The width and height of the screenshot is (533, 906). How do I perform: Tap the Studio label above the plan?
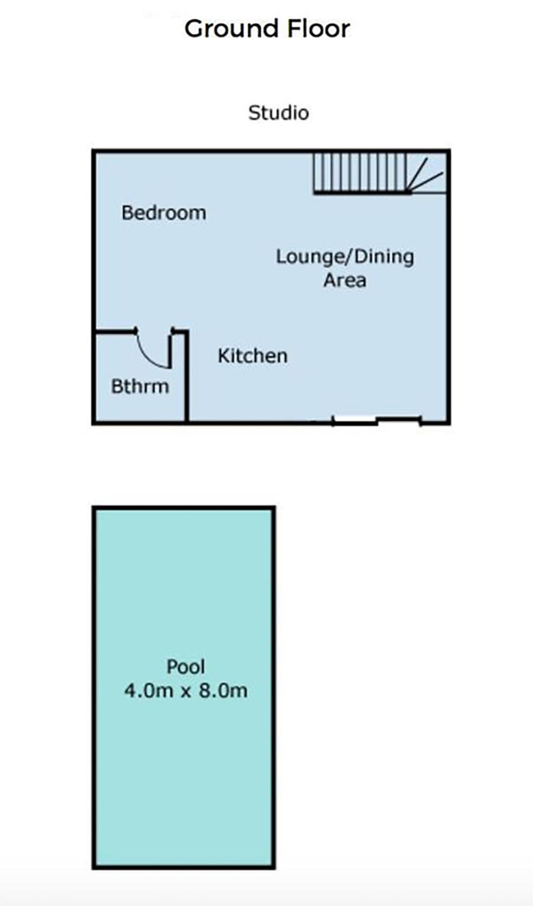tap(279, 113)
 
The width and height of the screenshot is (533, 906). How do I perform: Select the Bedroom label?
tap(164, 213)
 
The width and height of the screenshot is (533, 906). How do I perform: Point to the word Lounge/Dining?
tap(345, 257)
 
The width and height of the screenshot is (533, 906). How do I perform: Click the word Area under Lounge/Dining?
tap(345, 280)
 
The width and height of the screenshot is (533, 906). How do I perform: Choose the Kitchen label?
tap(253, 356)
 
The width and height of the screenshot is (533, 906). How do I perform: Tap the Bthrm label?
tap(140, 387)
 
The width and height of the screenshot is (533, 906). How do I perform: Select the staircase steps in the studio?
tap(360, 173)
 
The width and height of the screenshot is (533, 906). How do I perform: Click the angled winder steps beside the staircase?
tap(426, 173)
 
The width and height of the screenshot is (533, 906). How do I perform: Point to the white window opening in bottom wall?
tap(355, 420)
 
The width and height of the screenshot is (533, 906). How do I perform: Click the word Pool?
tap(186, 667)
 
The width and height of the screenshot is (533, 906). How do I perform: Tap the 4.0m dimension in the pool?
tap(149, 691)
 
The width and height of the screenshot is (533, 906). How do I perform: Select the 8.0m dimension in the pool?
tap(223, 691)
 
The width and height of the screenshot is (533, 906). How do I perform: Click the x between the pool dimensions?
tap(186, 692)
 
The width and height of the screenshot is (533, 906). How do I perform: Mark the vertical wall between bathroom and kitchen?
tap(187, 376)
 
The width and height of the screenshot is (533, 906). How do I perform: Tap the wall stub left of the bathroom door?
tap(116, 331)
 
